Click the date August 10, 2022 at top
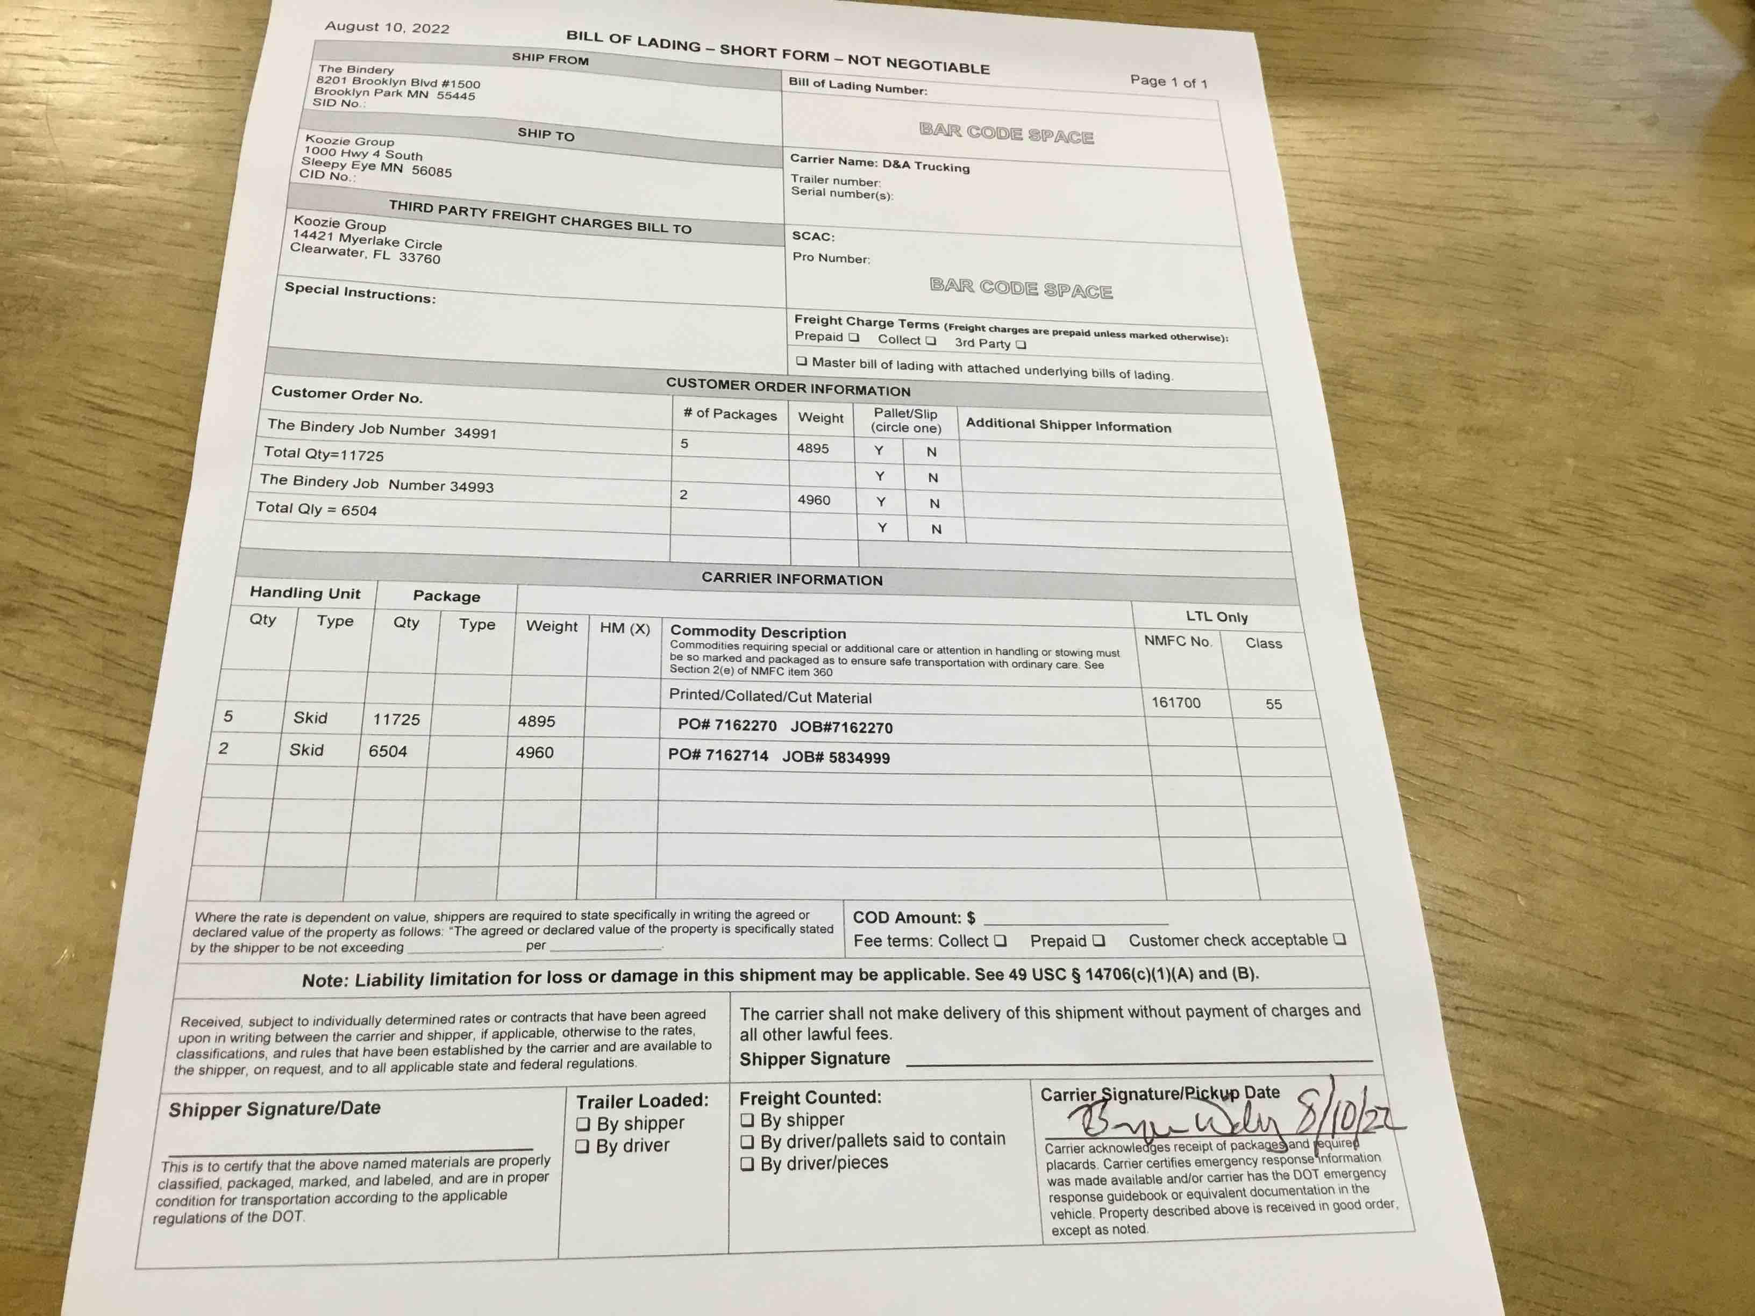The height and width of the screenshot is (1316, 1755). pos(387,27)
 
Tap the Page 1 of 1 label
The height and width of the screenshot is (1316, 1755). pos(1168,81)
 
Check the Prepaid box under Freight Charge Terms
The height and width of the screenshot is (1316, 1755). pos(854,337)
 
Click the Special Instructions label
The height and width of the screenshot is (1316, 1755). pos(359,292)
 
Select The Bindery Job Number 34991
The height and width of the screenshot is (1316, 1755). pos(382,429)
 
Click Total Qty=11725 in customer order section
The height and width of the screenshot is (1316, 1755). pos(324,454)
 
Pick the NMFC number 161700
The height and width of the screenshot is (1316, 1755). pos(1176,703)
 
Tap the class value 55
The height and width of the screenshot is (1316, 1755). pos(1273,704)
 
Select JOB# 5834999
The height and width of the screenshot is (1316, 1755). pos(836,757)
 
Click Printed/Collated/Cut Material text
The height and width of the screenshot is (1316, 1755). pos(769,697)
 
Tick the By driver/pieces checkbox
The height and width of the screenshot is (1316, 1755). pos(747,1164)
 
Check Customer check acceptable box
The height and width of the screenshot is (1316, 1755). pos(1339,939)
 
